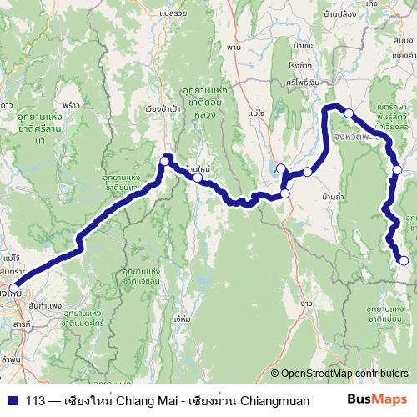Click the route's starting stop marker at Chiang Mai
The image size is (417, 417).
(x=13, y=289)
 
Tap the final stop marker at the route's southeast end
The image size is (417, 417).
(x=404, y=261)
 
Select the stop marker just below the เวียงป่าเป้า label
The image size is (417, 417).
(x=166, y=158)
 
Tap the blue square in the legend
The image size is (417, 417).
(x=9, y=400)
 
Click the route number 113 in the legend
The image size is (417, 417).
(x=35, y=400)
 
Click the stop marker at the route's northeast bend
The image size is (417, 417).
(x=349, y=113)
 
